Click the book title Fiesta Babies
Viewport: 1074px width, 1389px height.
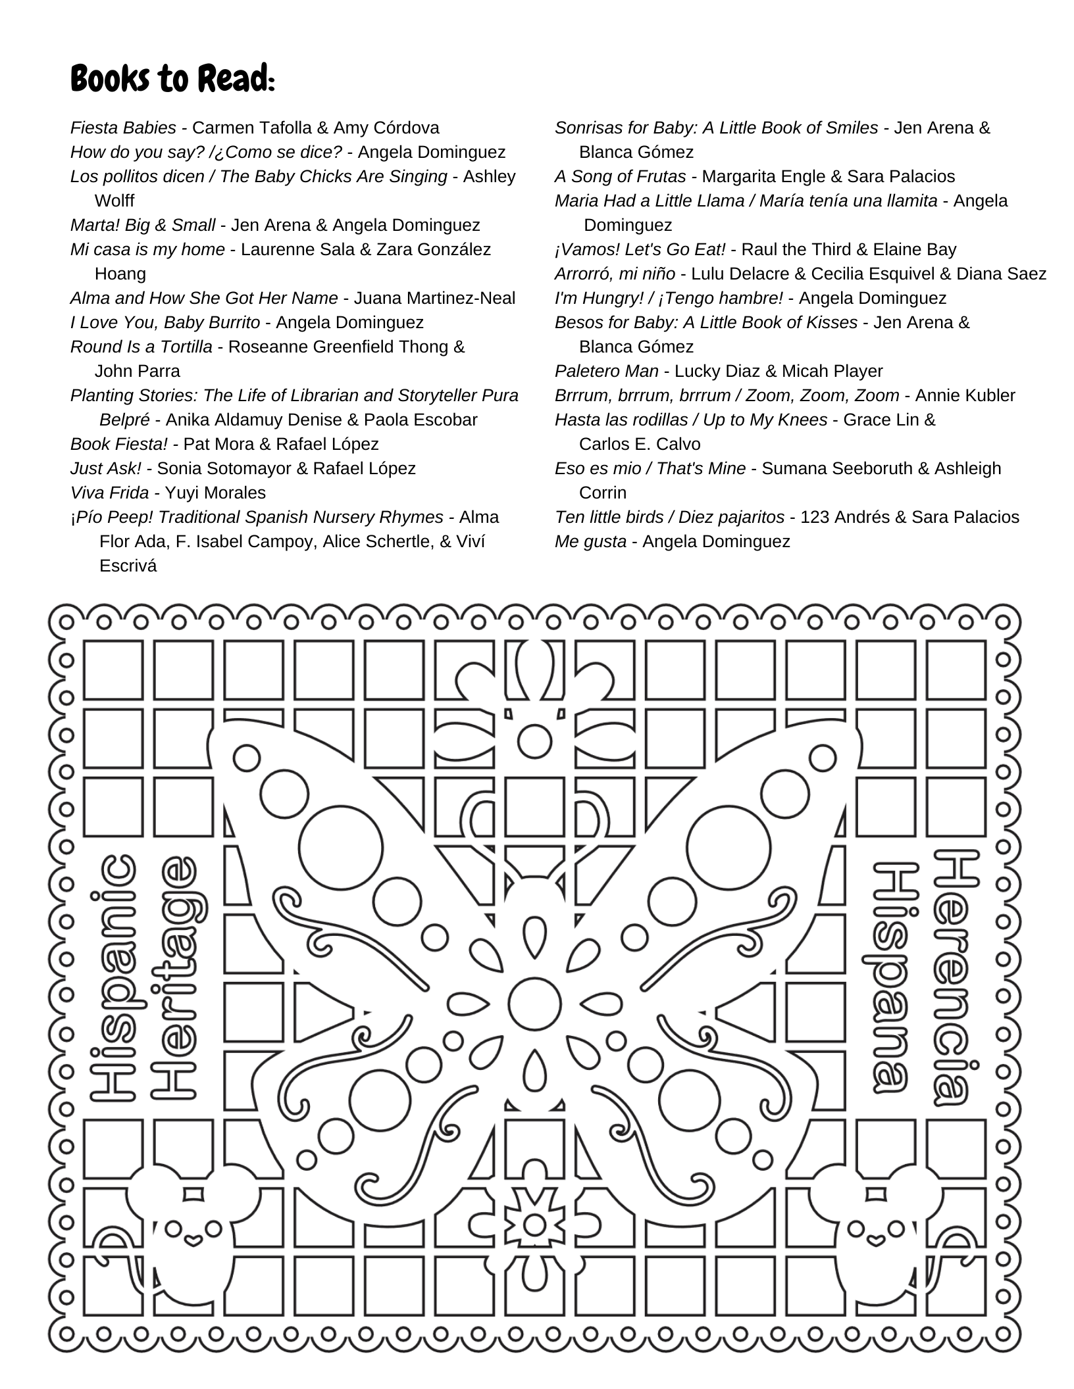click(x=123, y=128)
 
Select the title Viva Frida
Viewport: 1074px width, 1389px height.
click(x=109, y=493)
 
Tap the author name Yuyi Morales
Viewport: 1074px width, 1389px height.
click(x=215, y=493)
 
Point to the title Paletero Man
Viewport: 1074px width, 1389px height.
click(x=606, y=371)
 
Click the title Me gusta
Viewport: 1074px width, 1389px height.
click(x=590, y=541)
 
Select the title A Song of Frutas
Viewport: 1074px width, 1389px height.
click(x=620, y=176)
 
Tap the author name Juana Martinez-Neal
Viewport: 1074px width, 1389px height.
click(x=434, y=298)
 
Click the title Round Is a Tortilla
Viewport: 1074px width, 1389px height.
click(x=141, y=347)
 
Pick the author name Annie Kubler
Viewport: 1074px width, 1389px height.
click(x=965, y=395)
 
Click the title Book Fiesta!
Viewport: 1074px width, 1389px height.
click(x=119, y=444)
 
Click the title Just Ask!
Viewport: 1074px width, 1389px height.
click(x=105, y=468)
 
